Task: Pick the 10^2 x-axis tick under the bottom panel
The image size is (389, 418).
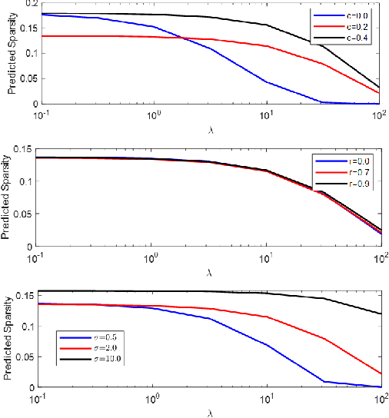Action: (x=380, y=398)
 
